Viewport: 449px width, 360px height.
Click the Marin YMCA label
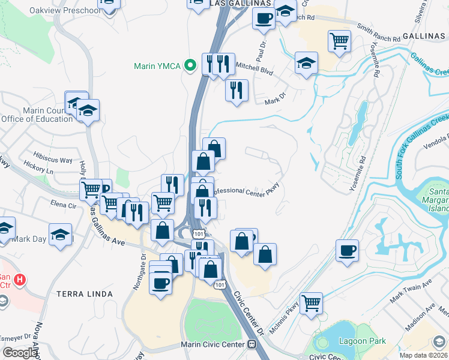pyautogui.click(x=158, y=65)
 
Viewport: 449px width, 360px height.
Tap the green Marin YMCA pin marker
pyautogui.click(x=191, y=65)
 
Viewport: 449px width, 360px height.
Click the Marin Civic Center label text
pyautogui.click(x=212, y=344)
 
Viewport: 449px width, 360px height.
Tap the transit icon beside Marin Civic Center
pyautogui.click(x=252, y=344)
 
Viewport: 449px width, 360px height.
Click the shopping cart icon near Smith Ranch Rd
pyautogui.click(x=339, y=41)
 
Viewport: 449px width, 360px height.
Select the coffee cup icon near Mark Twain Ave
pyautogui.click(x=347, y=250)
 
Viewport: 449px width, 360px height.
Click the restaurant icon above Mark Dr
pyautogui.click(x=237, y=91)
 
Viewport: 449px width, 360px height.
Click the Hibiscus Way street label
pyautogui.click(x=53, y=161)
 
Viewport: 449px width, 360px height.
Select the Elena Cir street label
pyautogui.click(x=64, y=205)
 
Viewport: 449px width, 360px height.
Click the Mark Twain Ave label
pyautogui.click(x=411, y=290)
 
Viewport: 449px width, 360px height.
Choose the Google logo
pyautogui.click(x=19, y=352)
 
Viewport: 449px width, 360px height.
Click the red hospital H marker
pyautogui.click(x=20, y=279)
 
